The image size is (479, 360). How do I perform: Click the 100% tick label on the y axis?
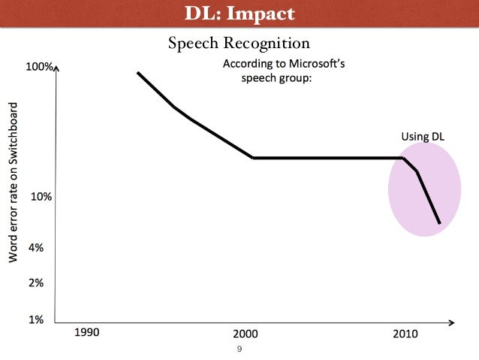point(39,67)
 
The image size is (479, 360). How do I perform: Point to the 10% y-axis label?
point(40,197)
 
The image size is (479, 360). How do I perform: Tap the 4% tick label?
point(35,247)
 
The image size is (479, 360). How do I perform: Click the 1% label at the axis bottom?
point(35,319)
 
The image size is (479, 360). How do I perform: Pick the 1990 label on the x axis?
point(86,332)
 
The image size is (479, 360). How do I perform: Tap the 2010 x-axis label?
point(405,333)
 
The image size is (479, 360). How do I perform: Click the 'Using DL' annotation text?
point(422,138)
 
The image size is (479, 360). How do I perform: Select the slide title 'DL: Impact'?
point(239,14)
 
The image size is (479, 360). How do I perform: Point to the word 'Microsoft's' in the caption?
point(315,64)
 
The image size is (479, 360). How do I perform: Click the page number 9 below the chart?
point(239,349)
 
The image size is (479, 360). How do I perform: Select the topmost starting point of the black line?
point(138,73)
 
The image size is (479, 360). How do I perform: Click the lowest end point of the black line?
point(439,222)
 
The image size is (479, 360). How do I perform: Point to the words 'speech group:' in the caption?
point(275,78)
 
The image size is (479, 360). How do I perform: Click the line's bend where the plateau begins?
point(253,158)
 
